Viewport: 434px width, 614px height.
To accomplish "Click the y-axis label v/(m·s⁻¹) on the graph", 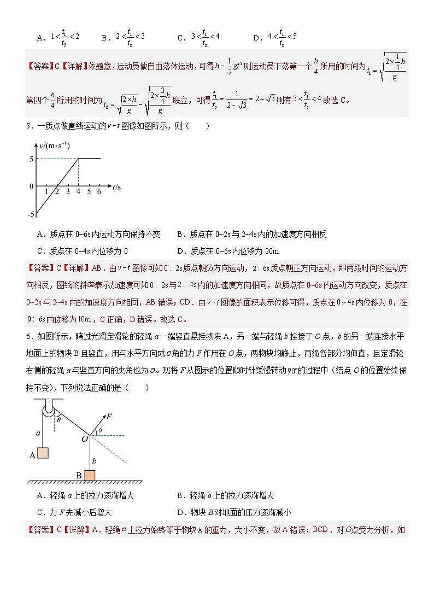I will pyautogui.click(x=55, y=146).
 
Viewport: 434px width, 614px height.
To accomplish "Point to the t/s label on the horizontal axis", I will pyautogui.click(x=116, y=188).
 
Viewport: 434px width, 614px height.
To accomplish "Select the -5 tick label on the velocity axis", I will pyautogui.click(x=31, y=214).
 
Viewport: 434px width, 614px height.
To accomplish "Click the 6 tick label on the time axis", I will pyautogui.click(x=99, y=192).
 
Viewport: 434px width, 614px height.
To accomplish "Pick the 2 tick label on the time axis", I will pyautogui.click(x=57, y=192).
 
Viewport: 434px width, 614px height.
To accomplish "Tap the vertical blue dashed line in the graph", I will pyautogui.click(x=78, y=172).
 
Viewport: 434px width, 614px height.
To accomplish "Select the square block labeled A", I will pyautogui.click(x=43, y=453).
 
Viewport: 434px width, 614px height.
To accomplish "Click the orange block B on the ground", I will pyautogui.click(x=90, y=475).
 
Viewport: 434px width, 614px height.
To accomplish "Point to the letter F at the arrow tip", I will pyautogui.click(x=109, y=417).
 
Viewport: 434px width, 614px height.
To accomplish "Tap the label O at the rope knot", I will pyautogui.click(x=85, y=439).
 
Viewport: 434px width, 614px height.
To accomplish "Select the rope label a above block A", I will pyautogui.click(x=37, y=432).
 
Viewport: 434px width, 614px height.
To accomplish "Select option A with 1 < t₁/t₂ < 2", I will pyautogui.click(x=58, y=37).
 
